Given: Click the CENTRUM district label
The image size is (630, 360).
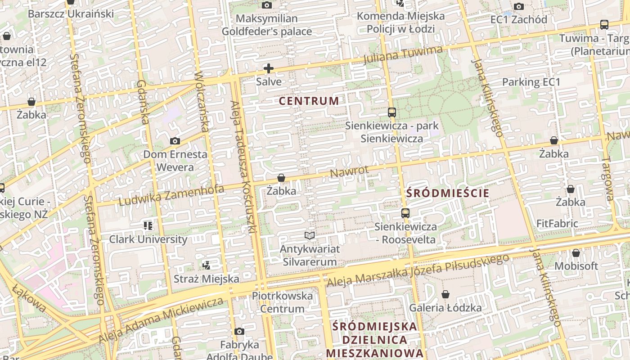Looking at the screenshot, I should click(309, 101).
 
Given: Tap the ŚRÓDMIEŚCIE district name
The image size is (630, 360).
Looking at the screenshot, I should click(447, 193).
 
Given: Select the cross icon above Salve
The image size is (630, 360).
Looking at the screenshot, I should click(269, 68).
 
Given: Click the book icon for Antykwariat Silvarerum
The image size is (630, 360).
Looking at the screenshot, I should click(309, 235).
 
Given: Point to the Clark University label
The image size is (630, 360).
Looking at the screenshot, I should click(148, 239).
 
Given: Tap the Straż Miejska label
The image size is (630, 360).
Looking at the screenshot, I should click(207, 279).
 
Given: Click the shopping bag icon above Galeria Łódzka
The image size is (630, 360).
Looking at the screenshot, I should click(445, 295).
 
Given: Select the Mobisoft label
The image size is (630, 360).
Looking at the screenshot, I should click(576, 266).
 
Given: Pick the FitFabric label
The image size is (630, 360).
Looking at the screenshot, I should click(557, 223).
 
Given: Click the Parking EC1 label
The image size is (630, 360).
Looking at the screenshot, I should click(531, 82).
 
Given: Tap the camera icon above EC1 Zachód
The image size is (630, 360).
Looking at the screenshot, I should click(519, 6).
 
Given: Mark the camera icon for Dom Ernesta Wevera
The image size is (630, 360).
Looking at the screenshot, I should click(175, 141).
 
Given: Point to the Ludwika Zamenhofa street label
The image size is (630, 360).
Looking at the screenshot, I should click(171, 195).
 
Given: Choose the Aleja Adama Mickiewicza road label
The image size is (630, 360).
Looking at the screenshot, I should click(161, 319).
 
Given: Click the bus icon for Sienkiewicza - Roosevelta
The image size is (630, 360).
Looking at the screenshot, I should click(405, 213).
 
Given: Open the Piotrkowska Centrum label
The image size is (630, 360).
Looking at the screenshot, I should click(282, 302).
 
